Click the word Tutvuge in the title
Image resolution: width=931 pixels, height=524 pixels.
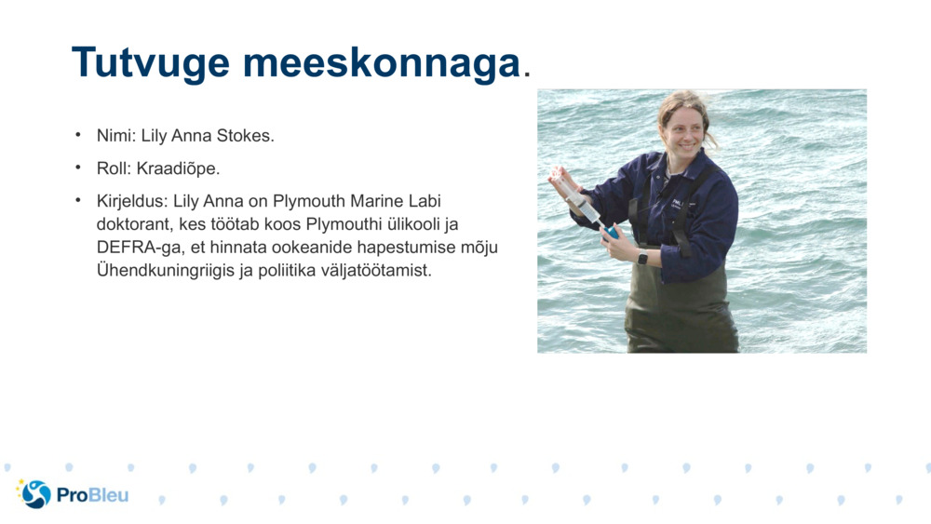150,63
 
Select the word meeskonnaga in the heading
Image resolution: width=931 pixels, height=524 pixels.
380,63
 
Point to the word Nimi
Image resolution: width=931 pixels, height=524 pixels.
115,136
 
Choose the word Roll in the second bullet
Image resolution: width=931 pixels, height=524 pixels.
113,168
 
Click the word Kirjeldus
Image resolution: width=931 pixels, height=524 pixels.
130,201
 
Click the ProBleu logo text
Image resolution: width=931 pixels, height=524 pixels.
92,495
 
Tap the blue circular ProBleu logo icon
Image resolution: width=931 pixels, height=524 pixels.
35,494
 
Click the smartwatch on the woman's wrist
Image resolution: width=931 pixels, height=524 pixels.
642,257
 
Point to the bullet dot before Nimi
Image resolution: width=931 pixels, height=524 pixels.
78,135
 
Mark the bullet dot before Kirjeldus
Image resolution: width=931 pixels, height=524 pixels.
78,200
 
